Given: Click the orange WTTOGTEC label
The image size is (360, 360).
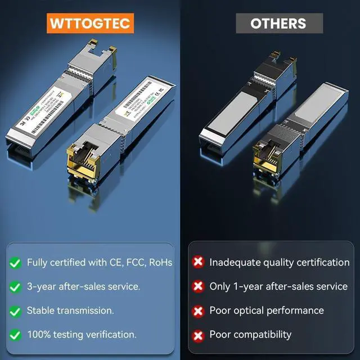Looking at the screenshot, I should coord(90,23).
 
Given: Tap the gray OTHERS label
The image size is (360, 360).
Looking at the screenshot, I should coord(278,23).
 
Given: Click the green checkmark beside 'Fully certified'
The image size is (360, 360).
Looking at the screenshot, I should coord(15,263).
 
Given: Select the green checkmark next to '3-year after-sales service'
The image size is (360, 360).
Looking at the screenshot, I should coord(15,286).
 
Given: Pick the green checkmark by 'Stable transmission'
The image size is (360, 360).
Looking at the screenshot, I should coord(15,310).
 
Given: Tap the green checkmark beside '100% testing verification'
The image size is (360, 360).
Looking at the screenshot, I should coord(15,335).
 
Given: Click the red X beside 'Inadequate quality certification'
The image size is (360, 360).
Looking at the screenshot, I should coord(198,263).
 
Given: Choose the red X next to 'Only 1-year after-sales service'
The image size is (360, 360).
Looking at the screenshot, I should coord(198,286).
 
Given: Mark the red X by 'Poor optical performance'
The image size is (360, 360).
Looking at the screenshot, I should coord(198,310).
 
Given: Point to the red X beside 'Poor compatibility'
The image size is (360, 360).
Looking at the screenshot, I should coord(198,335).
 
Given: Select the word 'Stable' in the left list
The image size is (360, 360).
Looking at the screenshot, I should coord(40,310).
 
